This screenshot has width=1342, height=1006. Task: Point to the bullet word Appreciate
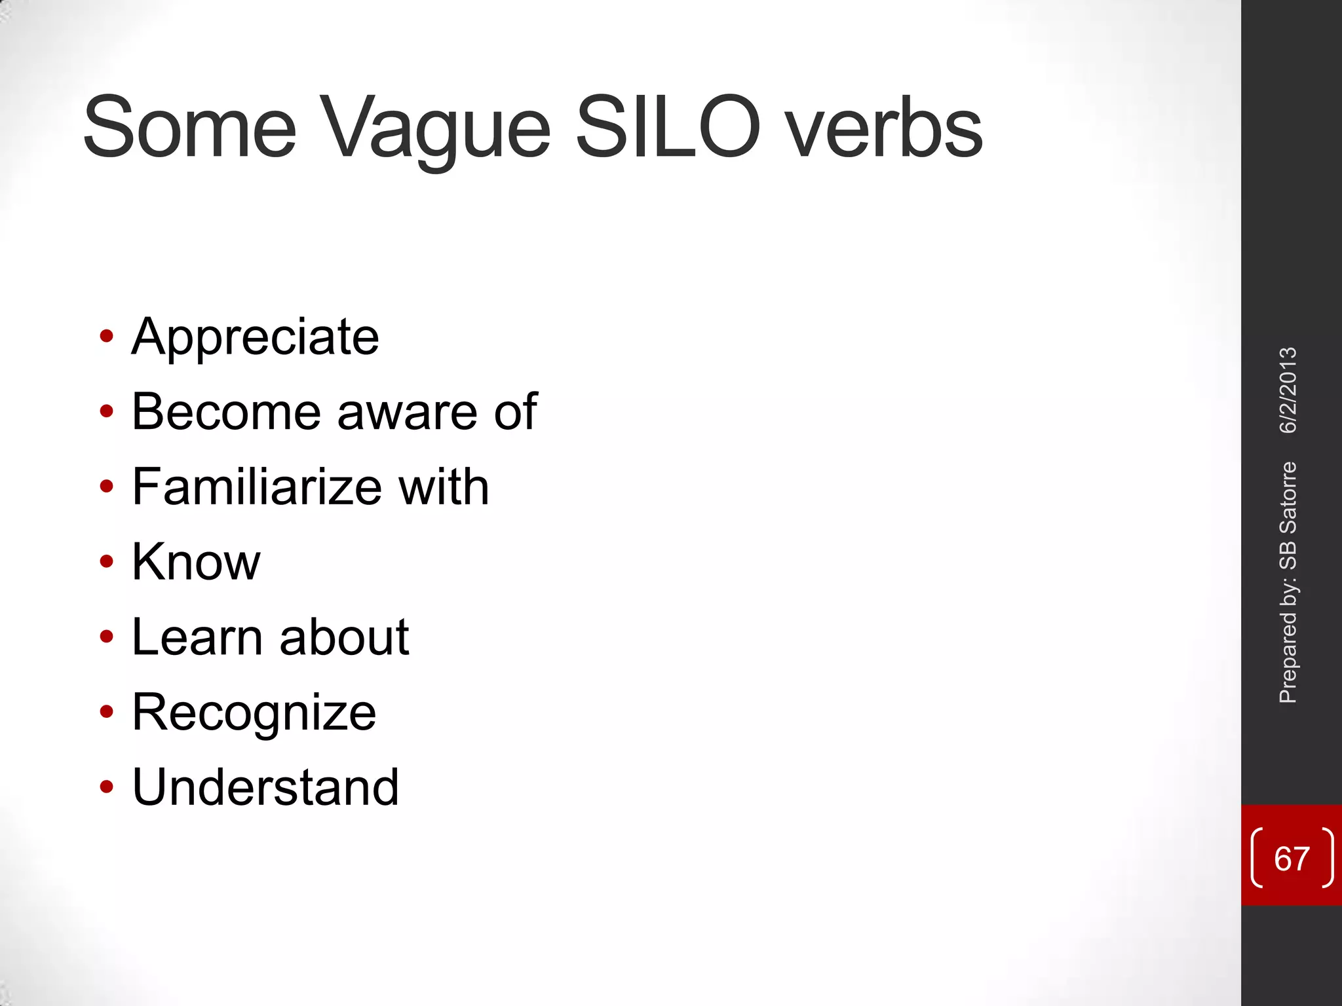click(256, 338)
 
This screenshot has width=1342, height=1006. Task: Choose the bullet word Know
click(196, 562)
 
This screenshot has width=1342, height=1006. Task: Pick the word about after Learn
click(344, 637)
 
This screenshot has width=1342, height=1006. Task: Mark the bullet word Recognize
click(254, 713)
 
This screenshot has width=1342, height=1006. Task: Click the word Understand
click(265, 787)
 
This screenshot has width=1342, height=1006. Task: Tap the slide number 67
click(1292, 859)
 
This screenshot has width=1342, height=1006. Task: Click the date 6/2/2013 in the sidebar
click(1288, 390)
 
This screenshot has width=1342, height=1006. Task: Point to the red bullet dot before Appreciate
click(106, 337)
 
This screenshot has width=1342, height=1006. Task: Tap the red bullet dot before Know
click(106, 561)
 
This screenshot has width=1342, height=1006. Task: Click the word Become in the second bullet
click(226, 412)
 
